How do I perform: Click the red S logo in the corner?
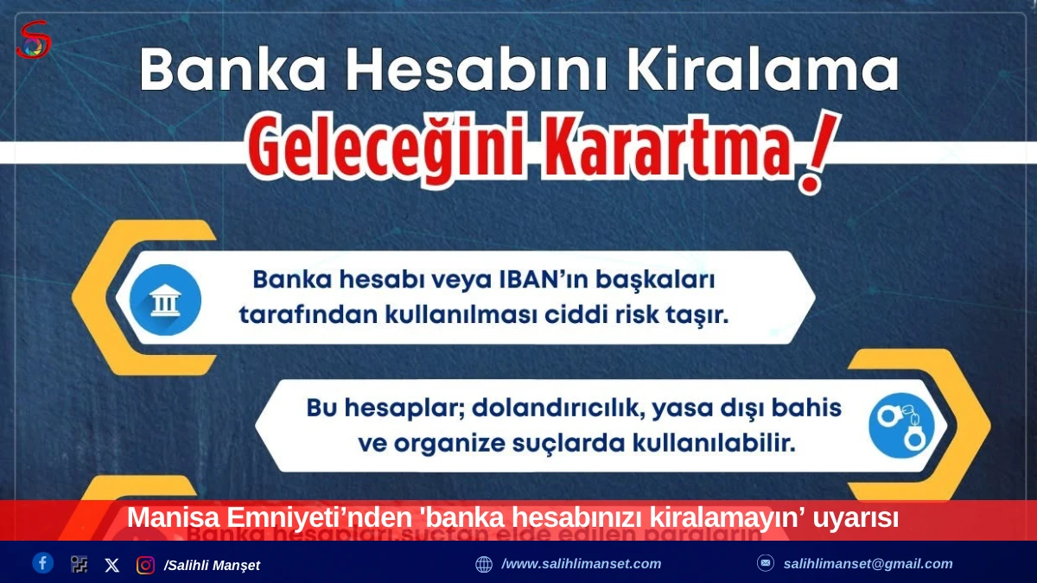tap(33, 39)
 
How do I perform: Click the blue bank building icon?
tap(165, 300)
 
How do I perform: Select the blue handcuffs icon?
tap(901, 425)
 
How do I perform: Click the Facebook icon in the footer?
tap(43, 563)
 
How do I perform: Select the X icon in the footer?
tap(112, 565)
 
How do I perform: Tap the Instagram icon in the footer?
tap(145, 565)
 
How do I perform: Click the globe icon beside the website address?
tap(484, 564)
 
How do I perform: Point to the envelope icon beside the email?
tap(766, 563)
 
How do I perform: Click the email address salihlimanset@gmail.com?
tap(868, 564)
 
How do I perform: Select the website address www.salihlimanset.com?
tap(581, 564)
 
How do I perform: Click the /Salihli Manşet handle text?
tap(212, 565)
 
